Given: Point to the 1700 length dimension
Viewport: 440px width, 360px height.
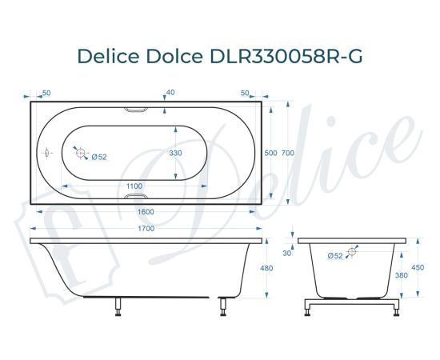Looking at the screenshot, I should click(x=146, y=229).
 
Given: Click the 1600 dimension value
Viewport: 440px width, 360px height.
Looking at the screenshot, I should click(x=146, y=211).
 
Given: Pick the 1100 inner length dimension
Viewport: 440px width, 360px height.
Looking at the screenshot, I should click(x=134, y=186).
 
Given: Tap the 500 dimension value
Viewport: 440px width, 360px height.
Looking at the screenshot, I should click(x=271, y=152).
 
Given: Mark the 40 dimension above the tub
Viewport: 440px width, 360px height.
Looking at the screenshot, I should click(x=170, y=93).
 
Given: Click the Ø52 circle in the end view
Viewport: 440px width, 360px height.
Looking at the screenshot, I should click(x=351, y=253).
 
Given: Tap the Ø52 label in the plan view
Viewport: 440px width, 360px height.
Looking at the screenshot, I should click(x=99, y=157).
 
